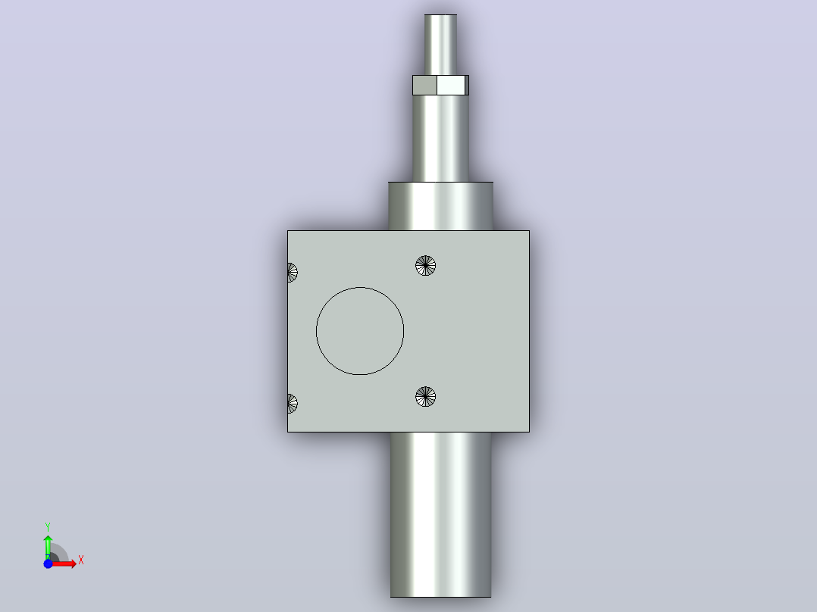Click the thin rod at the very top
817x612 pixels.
click(x=440, y=45)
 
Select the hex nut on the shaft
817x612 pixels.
click(x=440, y=86)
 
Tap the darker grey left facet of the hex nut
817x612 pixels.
click(x=424, y=86)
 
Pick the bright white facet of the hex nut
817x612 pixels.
click(x=451, y=86)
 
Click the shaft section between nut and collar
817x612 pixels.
click(x=440, y=139)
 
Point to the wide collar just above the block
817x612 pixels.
click(x=440, y=206)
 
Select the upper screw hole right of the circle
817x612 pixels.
click(x=426, y=266)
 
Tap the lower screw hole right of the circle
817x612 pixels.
click(x=426, y=396)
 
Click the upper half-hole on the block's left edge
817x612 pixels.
click(x=292, y=273)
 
